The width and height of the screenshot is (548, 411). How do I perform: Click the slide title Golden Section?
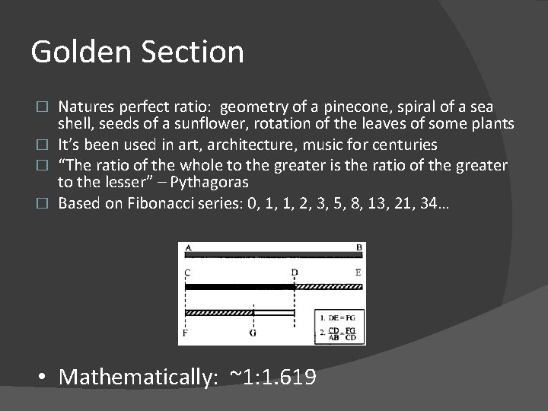pos(137,53)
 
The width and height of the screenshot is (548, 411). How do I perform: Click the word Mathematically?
pos(138,376)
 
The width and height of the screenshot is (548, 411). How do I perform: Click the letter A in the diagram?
pos(187,247)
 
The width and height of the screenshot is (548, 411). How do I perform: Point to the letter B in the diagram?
pos(359,247)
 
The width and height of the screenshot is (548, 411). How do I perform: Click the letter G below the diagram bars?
pos(253,333)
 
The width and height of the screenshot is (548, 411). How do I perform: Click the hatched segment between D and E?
pos(329,287)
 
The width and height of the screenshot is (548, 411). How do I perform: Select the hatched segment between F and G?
pos(219,312)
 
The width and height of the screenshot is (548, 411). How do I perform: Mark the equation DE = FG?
pos(339,316)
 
